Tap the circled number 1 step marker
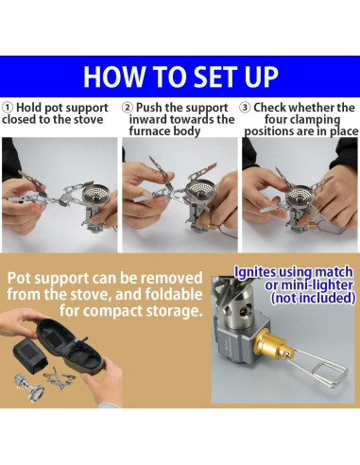8,108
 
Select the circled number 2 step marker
128,108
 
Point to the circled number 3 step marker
245,108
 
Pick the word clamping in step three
318,120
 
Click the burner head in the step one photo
94,197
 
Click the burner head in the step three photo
300,197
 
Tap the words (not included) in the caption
313,298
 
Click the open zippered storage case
71,344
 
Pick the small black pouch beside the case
30,356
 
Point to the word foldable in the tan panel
174,295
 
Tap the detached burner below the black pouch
29,387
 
